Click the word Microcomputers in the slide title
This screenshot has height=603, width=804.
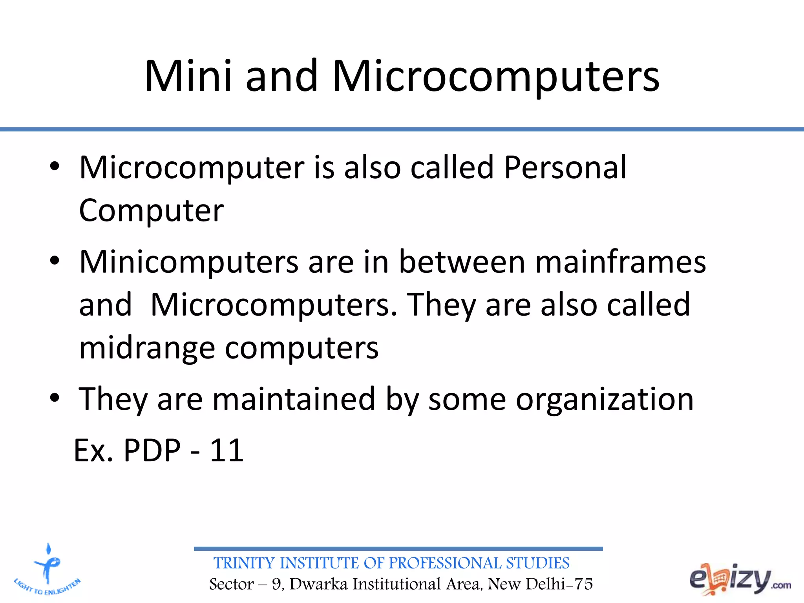[x=496, y=77]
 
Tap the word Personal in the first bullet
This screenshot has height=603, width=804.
[x=565, y=168]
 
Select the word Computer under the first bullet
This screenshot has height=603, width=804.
[x=151, y=211]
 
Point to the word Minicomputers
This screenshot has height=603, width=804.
[x=189, y=262]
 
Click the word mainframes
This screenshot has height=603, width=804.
[x=621, y=262]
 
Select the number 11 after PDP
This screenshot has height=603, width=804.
[x=227, y=450]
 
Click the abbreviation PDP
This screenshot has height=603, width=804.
[x=152, y=450]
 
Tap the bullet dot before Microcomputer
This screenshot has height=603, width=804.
[x=55, y=166]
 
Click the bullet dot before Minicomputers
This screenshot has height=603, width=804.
[x=55, y=261]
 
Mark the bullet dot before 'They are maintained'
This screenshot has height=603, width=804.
[x=55, y=398]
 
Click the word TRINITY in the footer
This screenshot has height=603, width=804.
[x=245, y=563]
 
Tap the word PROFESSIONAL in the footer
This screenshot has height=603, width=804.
[x=445, y=563]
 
